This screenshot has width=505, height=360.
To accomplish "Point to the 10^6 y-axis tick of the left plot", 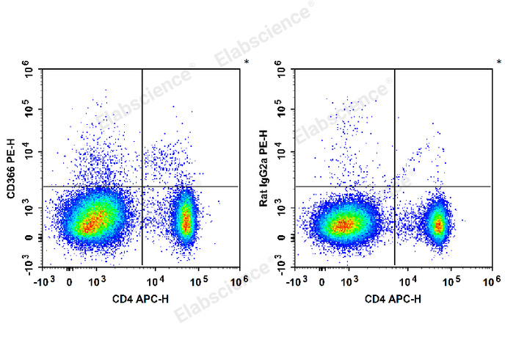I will point(30,72).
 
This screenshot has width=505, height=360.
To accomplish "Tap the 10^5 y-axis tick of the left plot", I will point(30,111).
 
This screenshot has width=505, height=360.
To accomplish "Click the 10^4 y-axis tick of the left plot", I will point(30,152).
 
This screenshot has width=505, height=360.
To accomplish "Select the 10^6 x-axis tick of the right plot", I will point(491,281).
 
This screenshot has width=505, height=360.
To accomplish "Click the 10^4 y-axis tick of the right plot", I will point(283,152).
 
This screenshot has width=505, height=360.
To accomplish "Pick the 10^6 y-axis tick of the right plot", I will point(283,72).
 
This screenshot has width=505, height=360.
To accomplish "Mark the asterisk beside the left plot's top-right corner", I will point(247,62).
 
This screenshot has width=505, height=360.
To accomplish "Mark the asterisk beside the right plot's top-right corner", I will point(499,62).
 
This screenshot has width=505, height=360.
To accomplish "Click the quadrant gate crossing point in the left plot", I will point(142,187).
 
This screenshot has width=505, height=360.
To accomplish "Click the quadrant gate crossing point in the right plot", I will point(395,187).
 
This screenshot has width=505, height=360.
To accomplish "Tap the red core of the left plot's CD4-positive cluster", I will point(186,218).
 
